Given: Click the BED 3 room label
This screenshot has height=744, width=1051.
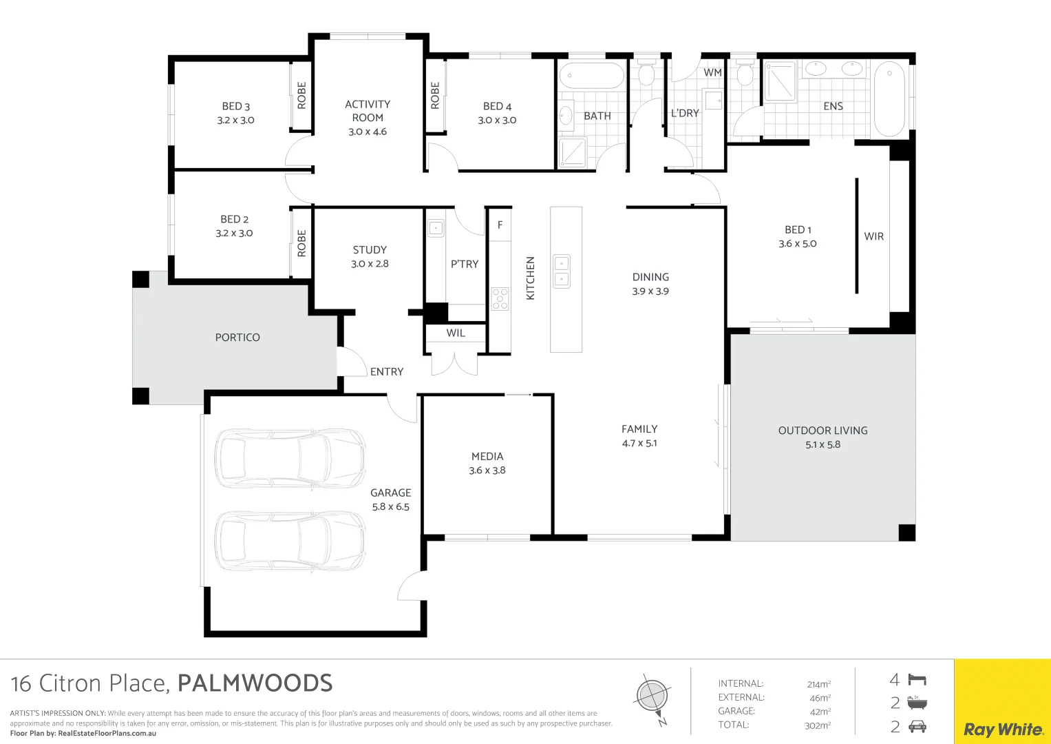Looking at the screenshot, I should point(235,106).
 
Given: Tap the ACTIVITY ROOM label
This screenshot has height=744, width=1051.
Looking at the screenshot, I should point(368,111).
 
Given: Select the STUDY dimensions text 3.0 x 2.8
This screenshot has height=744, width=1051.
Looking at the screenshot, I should point(370,264).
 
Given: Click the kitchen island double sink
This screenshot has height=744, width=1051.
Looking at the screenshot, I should point(562,271).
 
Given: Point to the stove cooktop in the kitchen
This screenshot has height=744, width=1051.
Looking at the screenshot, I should point(500,298).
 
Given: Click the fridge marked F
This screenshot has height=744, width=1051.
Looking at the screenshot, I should point(500,225).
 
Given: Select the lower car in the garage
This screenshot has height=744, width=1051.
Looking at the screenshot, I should point(290,542).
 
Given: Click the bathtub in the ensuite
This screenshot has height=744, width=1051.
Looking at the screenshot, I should point(889,99).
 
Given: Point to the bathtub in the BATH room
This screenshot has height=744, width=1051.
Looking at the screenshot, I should point(591,76).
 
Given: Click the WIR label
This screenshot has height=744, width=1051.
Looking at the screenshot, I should point(873,236).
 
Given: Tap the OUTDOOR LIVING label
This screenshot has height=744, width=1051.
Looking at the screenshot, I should point(822,431).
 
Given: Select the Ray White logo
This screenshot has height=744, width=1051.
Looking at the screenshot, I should point(1003,729).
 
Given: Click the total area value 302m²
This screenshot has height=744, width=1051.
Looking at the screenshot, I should point(818,725).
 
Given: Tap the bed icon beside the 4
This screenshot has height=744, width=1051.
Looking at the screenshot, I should point(917,680).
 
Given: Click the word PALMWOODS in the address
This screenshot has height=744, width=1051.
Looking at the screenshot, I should point(255,683).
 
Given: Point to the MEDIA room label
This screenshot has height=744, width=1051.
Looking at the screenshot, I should point(487,456).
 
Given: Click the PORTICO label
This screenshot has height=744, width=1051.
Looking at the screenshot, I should point(237,338).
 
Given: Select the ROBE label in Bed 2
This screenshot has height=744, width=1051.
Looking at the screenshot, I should point(301,243).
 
